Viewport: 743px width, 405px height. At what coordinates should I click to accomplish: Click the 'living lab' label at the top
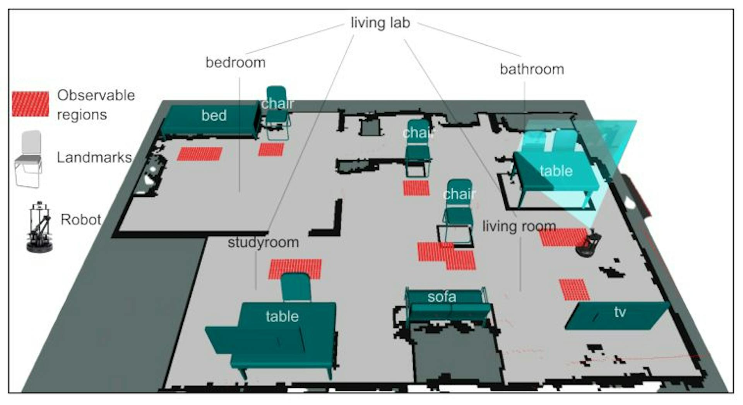pos(380,22)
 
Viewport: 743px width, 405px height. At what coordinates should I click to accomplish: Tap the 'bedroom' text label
pos(235,62)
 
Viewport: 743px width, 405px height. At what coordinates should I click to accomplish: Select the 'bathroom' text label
pos(532,69)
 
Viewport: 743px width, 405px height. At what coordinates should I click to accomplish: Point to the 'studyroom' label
pos(263,242)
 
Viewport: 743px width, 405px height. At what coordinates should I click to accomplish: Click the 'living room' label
pos(519,226)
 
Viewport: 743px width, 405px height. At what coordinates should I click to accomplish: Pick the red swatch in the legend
pos(30,104)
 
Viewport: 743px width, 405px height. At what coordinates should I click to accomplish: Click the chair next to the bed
pos(277,112)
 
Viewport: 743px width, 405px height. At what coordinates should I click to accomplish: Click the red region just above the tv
pos(574,290)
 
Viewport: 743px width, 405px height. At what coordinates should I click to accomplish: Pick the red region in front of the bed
pos(200,154)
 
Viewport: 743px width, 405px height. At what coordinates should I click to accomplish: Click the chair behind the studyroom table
pos(296,287)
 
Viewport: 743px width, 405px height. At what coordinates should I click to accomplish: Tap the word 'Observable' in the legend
pos(96,95)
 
